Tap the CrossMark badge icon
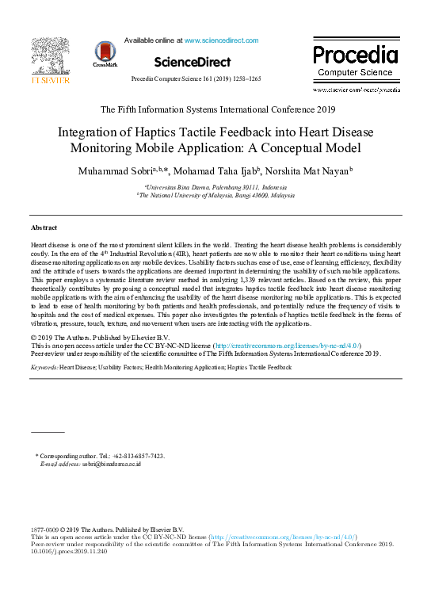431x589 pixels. [105, 53]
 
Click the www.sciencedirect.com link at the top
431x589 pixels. [221, 40]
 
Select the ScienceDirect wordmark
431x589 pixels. [192, 62]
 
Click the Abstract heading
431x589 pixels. [44, 228]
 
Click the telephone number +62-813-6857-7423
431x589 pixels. [138, 456]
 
